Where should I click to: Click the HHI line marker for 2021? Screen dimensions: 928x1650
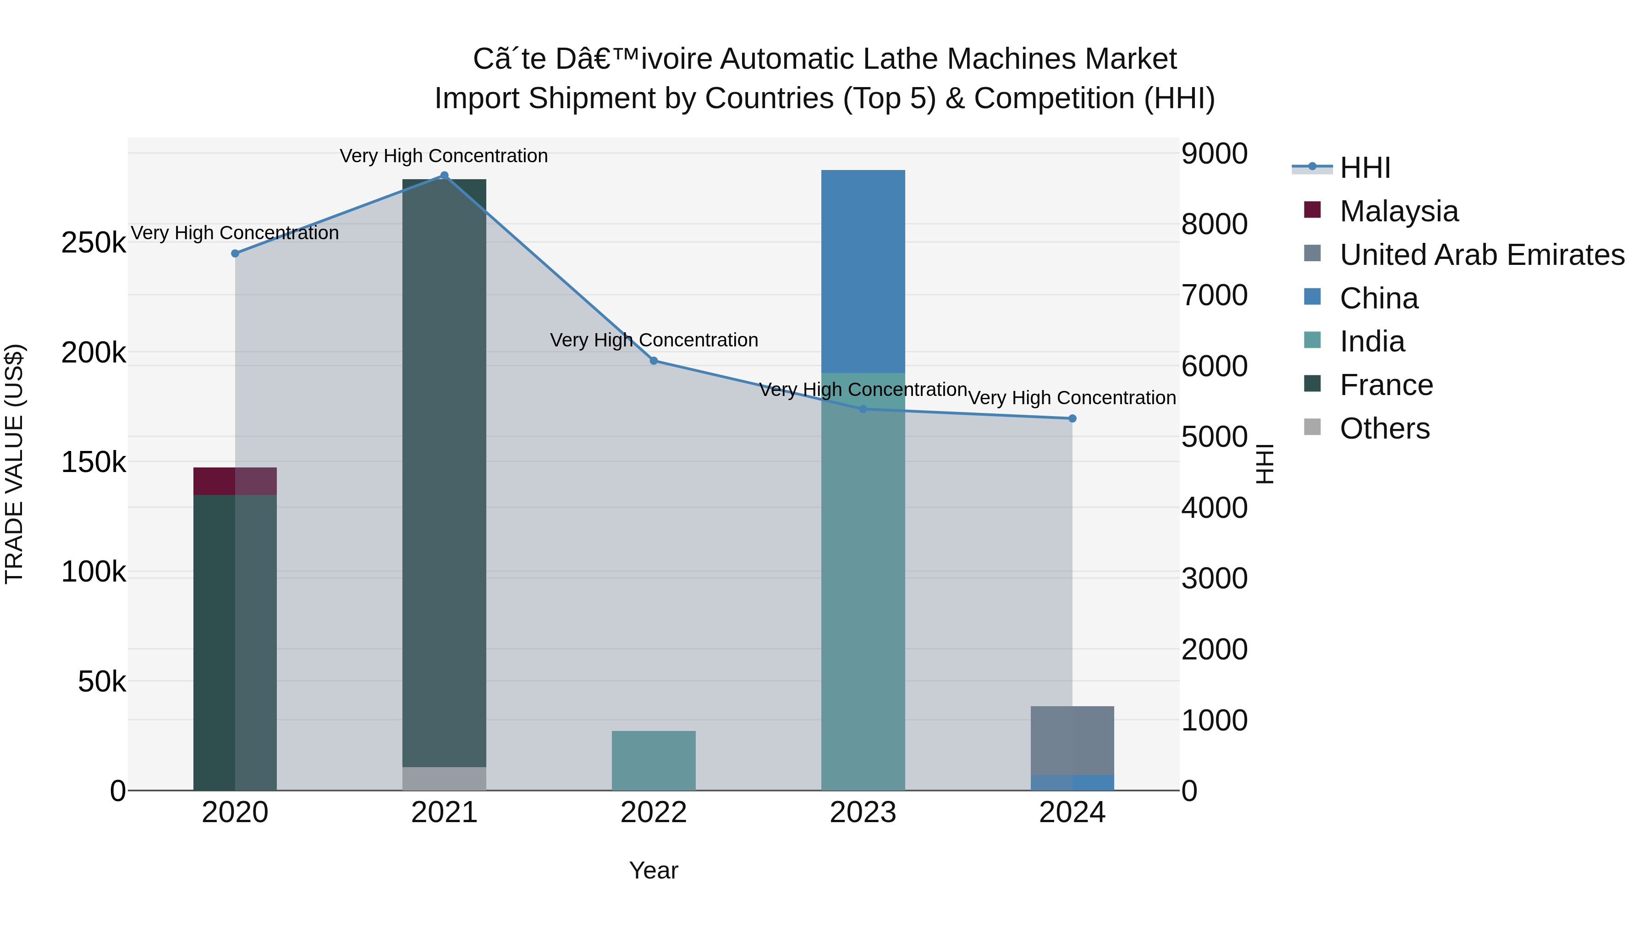444,176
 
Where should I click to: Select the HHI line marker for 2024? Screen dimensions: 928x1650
1072,418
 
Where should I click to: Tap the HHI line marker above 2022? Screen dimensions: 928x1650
653,361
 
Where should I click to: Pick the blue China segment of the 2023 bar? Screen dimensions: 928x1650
863,271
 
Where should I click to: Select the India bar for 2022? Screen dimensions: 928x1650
653,760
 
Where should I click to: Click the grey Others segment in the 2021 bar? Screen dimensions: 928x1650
444,778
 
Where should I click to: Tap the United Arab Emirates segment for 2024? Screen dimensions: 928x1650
1072,741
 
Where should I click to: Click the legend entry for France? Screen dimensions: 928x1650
1386,385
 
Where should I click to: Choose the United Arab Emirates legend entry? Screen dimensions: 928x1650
1481,254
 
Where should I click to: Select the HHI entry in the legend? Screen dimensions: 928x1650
1364,168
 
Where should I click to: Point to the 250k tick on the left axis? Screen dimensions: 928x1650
93,243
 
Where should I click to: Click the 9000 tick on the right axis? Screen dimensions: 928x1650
1214,154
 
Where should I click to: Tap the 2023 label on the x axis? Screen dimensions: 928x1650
863,813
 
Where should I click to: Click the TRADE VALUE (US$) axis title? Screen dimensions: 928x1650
14,464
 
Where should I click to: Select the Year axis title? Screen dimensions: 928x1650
653,870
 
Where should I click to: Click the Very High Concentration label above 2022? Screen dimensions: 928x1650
653,340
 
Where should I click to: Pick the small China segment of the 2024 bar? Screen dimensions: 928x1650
1072,783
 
